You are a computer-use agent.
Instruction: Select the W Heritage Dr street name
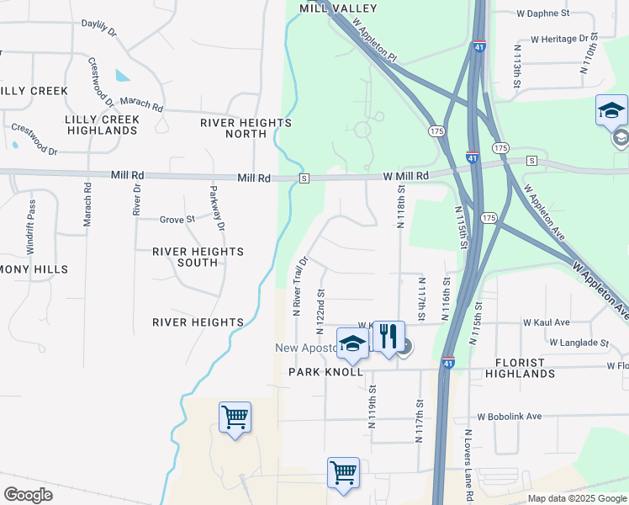pyautogui.click(x=558, y=39)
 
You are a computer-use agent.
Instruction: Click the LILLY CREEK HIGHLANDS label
pyautogui.click(x=103, y=125)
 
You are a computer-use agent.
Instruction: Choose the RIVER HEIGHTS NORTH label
pyautogui.click(x=246, y=128)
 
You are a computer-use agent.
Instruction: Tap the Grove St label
pyautogui.click(x=177, y=220)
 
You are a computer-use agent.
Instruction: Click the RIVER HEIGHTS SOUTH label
pyautogui.click(x=198, y=257)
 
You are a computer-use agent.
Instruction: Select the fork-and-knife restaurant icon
pyautogui.click(x=388, y=336)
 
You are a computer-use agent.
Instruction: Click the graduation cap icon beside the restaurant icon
pyautogui.click(x=352, y=343)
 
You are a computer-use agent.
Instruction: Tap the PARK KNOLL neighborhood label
pyautogui.click(x=326, y=371)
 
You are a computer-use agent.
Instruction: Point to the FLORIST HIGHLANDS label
pyautogui.click(x=515, y=367)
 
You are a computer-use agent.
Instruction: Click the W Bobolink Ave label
pyautogui.click(x=510, y=417)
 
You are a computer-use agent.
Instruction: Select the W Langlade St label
pyautogui.click(x=579, y=343)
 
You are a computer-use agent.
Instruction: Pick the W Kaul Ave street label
pyautogui.click(x=546, y=322)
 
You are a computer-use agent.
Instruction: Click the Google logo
pyautogui.click(x=28, y=495)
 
